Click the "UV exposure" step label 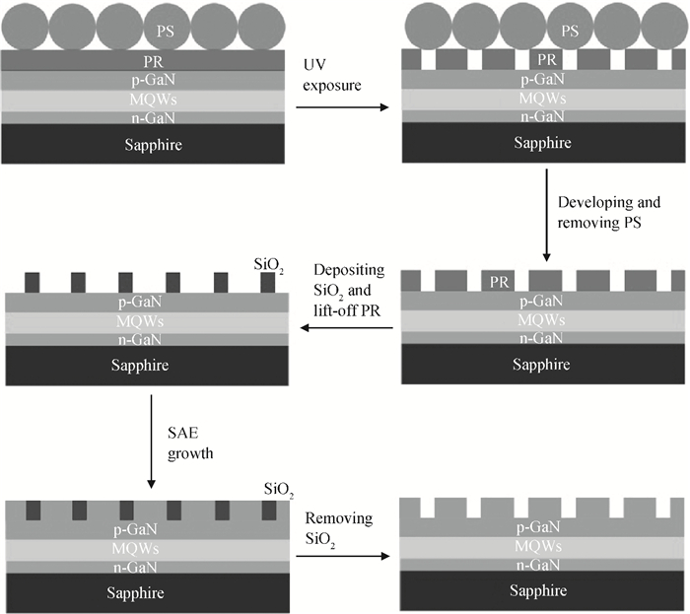(332, 75)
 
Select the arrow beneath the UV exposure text (342, 106)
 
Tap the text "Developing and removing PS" (609, 212)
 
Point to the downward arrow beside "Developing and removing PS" (546, 215)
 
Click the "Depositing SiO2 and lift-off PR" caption (349, 290)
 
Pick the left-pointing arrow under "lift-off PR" (347, 327)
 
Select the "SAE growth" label (190, 443)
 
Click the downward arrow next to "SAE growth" (151, 442)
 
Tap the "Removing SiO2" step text (338, 528)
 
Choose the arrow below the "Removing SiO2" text (343, 556)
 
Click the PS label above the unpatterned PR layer (166, 31)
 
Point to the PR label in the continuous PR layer (153, 61)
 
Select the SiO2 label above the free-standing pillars (268, 265)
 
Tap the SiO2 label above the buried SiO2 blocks (279, 490)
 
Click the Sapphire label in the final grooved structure (538, 590)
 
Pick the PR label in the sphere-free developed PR (499, 282)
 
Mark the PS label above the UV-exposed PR (570, 31)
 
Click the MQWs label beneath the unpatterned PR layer (153, 100)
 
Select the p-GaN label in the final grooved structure (538, 527)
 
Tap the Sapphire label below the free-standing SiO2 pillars (140, 365)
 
